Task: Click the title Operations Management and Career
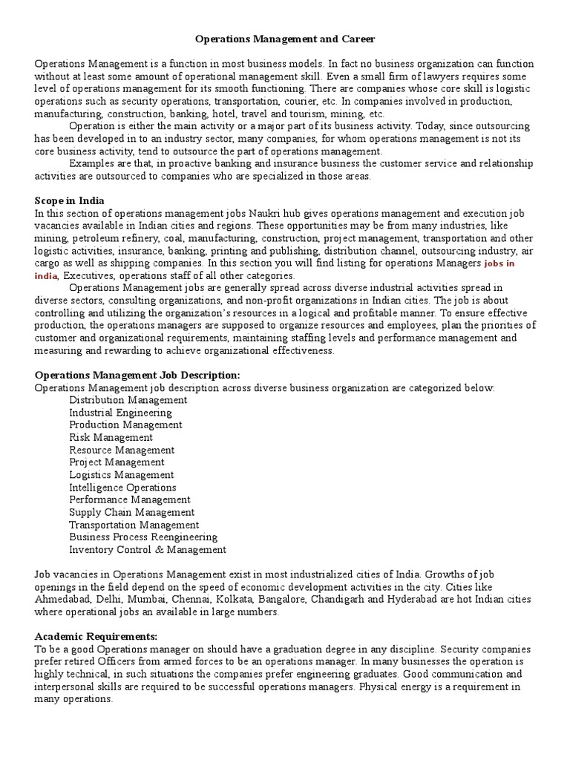pyautogui.click(x=286, y=38)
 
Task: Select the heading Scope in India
pyautogui.click(x=70, y=200)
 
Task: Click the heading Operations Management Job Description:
pyautogui.click(x=137, y=376)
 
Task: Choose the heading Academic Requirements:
pyautogui.click(x=96, y=637)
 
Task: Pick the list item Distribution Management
pyautogui.click(x=128, y=400)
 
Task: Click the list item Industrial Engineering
pyautogui.click(x=121, y=413)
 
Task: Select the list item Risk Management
pyautogui.click(x=111, y=438)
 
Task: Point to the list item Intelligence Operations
pyautogui.click(x=123, y=488)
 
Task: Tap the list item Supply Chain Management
pyautogui.click(x=132, y=512)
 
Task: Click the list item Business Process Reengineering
pyautogui.click(x=143, y=537)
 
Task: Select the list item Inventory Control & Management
pyautogui.click(x=148, y=550)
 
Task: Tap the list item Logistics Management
pyautogui.click(x=122, y=475)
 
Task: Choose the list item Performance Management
pyautogui.click(x=130, y=500)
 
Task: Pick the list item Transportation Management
pyautogui.click(x=134, y=525)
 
